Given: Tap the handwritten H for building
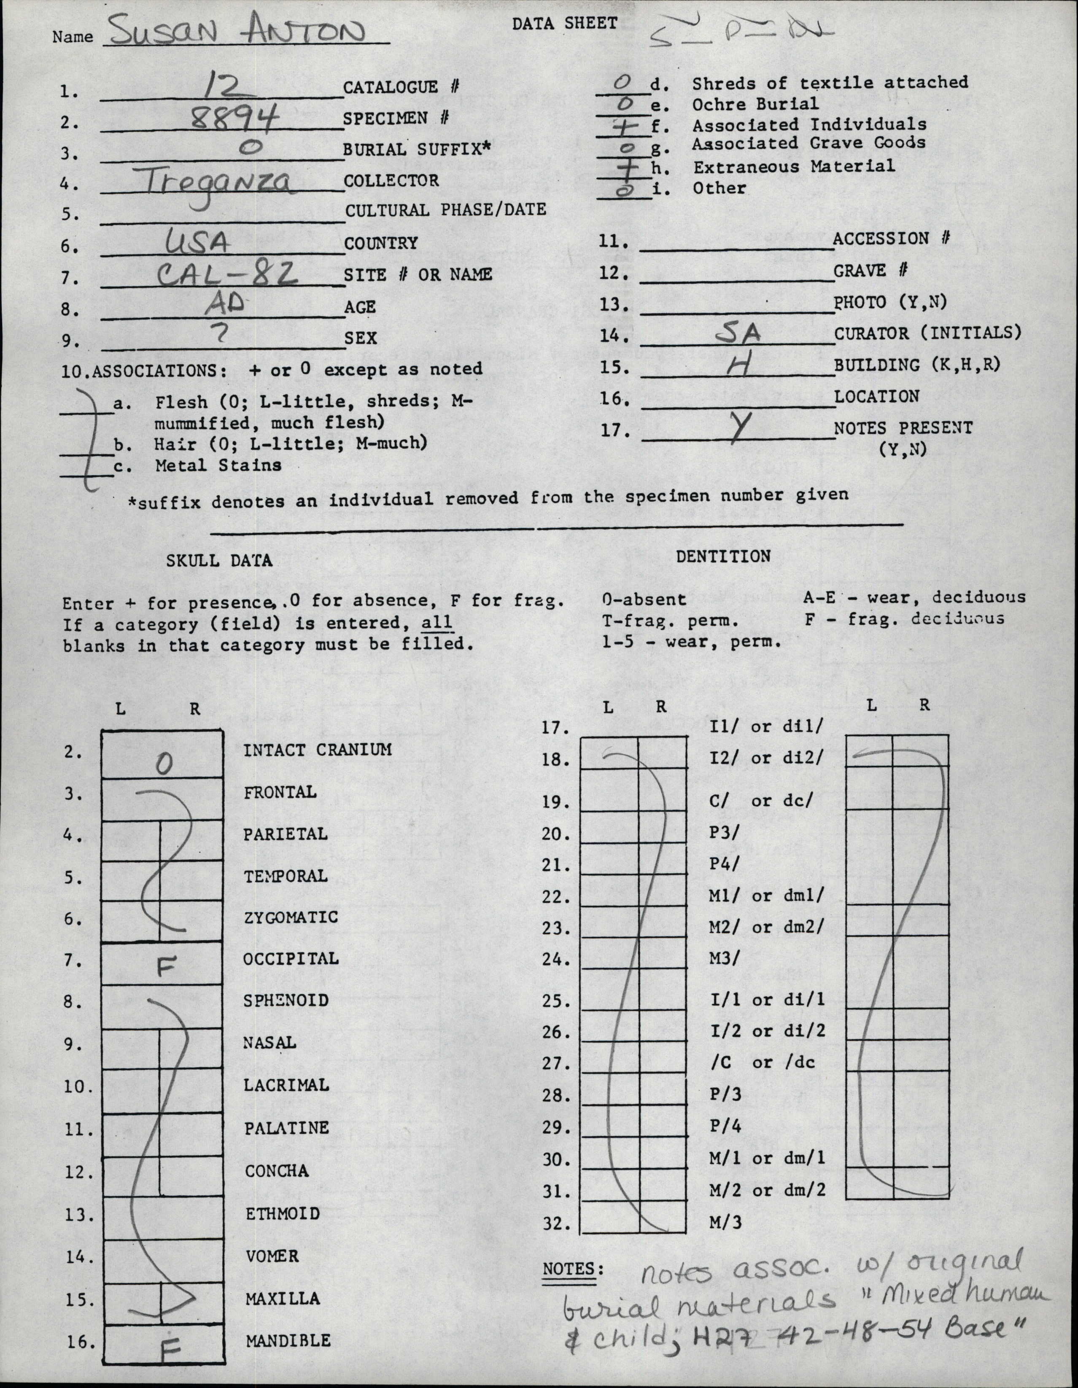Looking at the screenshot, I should point(738,366).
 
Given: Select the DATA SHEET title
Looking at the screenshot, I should point(564,24).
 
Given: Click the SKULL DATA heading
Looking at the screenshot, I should point(219,560).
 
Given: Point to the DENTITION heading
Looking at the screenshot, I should point(723,556).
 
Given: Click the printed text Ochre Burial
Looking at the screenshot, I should point(755,104).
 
